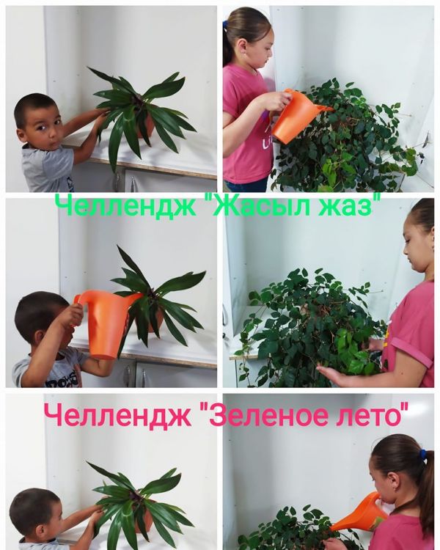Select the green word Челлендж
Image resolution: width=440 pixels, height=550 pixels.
point(125,207)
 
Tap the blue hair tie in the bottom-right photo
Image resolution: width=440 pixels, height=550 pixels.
point(424,455)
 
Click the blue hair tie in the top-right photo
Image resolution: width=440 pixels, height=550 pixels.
point(225,25)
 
